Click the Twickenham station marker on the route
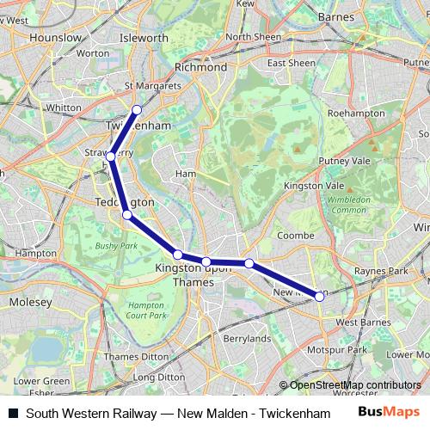pos(137,109)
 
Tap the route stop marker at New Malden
pos(319,296)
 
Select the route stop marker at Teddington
pos(126,215)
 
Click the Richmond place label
pos(200,67)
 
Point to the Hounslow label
pos(54,38)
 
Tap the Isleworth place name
pos(144,38)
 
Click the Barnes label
pos(335,16)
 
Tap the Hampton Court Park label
pos(145,310)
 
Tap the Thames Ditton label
pos(131,356)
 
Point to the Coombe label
pos(292,235)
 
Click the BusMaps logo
pos(389,411)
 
